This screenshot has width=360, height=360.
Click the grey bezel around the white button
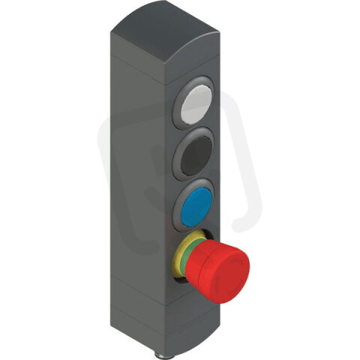click(183, 105)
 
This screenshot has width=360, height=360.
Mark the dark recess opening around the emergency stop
click(181, 277)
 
